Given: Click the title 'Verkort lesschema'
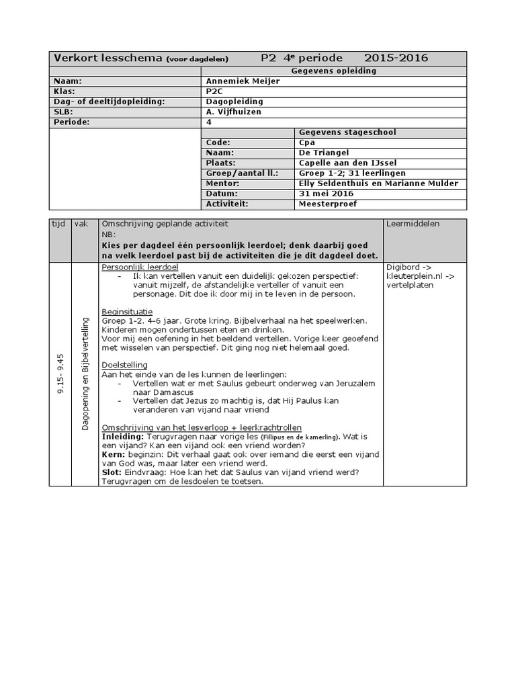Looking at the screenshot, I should click(x=107, y=58).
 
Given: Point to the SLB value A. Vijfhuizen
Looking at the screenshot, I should click(x=234, y=112).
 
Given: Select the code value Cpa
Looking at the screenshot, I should click(x=307, y=142).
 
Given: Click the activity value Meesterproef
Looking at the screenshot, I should click(x=328, y=204).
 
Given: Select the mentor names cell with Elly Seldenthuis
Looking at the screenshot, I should click(x=378, y=183).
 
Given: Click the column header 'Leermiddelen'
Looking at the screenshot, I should click(x=413, y=224).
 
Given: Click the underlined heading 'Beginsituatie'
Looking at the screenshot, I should click(x=127, y=312).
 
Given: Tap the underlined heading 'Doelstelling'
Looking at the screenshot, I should click(x=124, y=365).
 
